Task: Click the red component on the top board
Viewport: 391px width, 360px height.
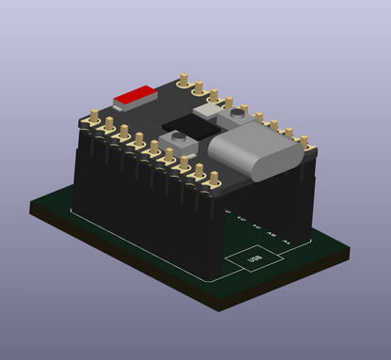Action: (135, 94)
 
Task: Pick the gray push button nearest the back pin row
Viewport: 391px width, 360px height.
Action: (209, 109)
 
